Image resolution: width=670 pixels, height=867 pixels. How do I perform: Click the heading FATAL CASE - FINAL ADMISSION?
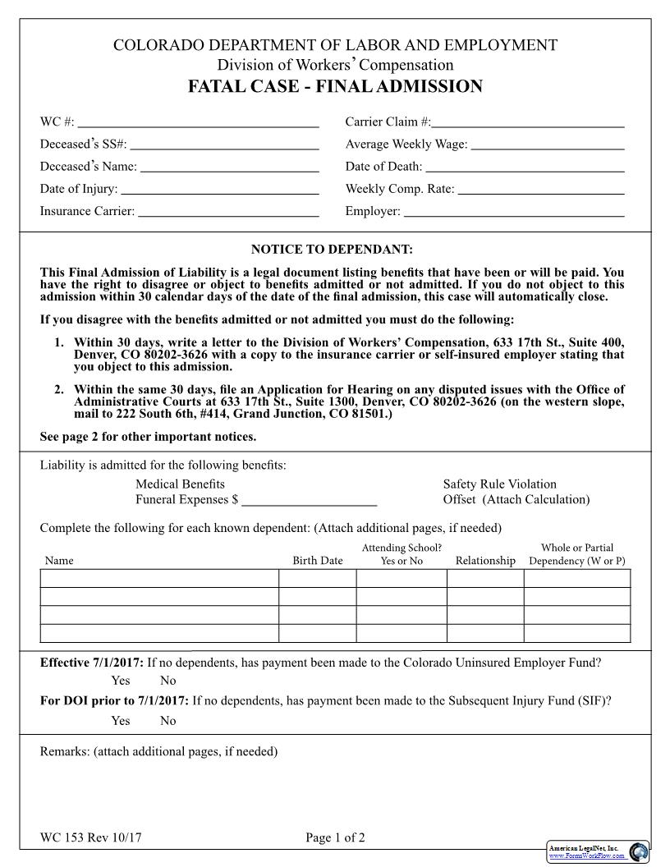point(335,87)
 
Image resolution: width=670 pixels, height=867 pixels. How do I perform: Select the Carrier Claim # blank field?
point(528,123)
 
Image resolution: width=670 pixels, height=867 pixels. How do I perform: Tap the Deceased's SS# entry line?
point(224,145)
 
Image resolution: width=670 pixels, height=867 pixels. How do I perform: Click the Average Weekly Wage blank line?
point(548,145)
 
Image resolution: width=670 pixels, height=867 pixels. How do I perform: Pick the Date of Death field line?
point(525,167)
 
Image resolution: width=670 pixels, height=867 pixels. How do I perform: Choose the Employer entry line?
point(514,212)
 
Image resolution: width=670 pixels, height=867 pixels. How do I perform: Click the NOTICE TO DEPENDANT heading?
point(332,249)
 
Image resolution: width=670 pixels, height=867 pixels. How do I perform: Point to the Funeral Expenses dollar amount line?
point(310,499)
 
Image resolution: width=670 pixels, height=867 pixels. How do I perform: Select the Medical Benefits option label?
point(180,484)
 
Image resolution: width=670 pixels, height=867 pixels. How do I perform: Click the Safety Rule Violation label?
point(499,484)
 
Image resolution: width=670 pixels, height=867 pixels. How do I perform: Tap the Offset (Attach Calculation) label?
point(516,499)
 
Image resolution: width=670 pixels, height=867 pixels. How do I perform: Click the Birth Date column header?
point(318,561)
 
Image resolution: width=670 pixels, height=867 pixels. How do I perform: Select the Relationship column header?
point(485,561)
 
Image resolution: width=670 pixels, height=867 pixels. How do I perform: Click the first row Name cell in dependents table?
point(160,579)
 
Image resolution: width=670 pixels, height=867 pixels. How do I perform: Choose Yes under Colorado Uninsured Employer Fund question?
point(121,681)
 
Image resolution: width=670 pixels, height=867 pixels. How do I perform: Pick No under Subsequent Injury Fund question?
point(167,721)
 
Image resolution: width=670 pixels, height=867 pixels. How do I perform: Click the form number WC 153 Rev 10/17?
point(96,838)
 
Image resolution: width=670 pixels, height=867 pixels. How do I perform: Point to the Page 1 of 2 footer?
point(335,838)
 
